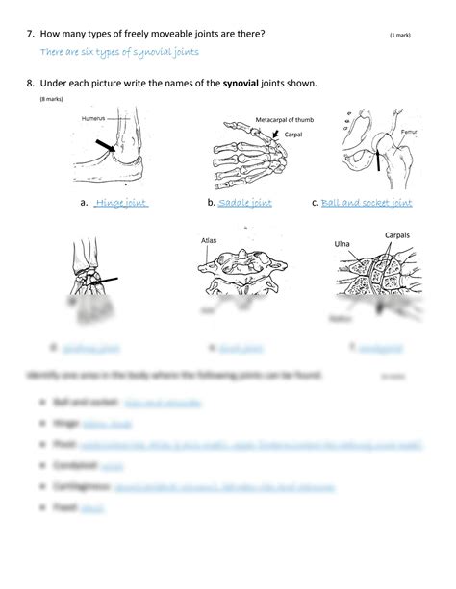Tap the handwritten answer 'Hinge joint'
[121, 204]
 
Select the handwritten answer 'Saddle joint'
[245, 204]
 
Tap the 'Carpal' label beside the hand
[292, 135]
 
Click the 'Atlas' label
[212, 241]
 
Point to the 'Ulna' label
[342, 244]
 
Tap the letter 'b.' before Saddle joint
[211, 204]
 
